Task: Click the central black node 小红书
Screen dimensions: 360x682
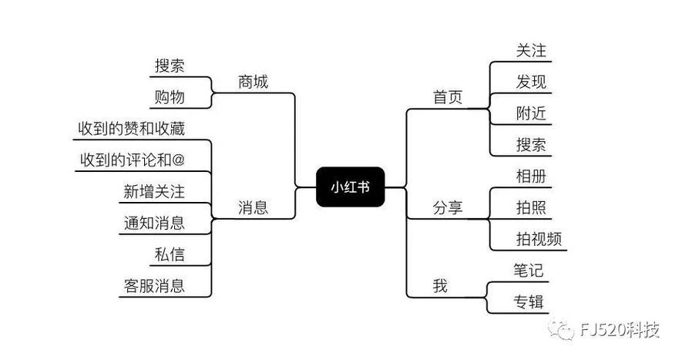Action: pyautogui.click(x=350, y=186)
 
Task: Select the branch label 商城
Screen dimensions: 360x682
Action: pyautogui.click(x=254, y=81)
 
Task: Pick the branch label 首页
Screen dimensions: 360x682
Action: pyautogui.click(x=448, y=97)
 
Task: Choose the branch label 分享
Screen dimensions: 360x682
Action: pyautogui.click(x=448, y=207)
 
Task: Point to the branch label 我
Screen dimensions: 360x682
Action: pyautogui.click(x=440, y=286)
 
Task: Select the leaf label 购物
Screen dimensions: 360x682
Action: pyautogui.click(x=170, y=96)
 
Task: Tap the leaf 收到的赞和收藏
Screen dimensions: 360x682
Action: pyautogui.click(x=131, y=128)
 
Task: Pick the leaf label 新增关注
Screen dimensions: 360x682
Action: pyautogui.click(x=154, y=191)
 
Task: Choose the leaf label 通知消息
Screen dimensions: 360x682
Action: pyautogui.click(x=154, y=223)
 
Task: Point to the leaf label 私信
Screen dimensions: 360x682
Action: pyautogui.click(x=170, y=254)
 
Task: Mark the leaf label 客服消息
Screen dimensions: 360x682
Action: pyautogui.click(x=154, y=286)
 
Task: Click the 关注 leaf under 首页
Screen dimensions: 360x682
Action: pyautogui.click(x=531, y=50)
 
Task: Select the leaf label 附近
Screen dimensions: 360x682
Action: pyautogui.click(x=531, y=113)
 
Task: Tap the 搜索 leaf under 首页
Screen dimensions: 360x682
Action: pyautogui.click(x=531, y=144)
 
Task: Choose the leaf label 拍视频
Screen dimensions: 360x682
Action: pyautogui.click(x=539, y=239)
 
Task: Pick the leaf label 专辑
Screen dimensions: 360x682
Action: pyautogui.click(x=529, y=301)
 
